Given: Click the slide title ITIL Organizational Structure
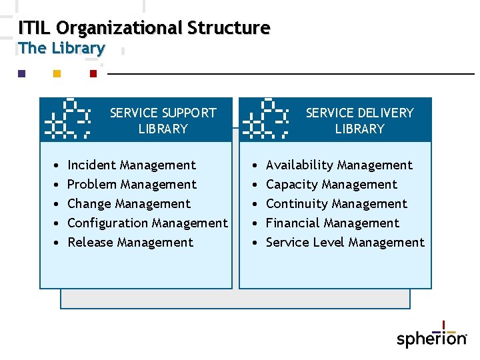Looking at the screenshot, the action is click(x=144, y=28).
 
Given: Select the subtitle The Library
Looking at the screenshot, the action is click(x=61, y=48).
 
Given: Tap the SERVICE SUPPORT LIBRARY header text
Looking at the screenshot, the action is click(x=163, y=121).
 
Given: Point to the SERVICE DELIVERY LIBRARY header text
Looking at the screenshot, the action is click(x=359, y=121).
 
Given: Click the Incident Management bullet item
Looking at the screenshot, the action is click(x=131, y=165).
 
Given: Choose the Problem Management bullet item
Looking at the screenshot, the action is click(x=132, y=184).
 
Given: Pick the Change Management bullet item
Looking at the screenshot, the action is click(x=129, y=203).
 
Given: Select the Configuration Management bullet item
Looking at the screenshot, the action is click(x=147, y=223).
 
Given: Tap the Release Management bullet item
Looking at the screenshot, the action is click(x=130, y=242).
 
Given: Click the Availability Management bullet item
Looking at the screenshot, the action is click(x=339, y=165).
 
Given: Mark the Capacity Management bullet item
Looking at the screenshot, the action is click(x=331, y=184).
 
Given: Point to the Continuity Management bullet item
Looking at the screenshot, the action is click(x=336, y=203).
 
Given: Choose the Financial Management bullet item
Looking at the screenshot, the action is click(x=332, y=223).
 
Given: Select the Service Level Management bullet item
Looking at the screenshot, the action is click(x=345, y=242).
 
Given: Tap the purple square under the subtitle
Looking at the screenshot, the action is click(x=21, y=73).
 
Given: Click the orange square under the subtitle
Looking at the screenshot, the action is click(x=57, y=73).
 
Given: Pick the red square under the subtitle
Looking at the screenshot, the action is click(x=93, y=73).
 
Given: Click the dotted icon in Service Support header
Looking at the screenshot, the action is click(x=68, y=119).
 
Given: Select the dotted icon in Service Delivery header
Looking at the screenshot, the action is click(x=265, y=119).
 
